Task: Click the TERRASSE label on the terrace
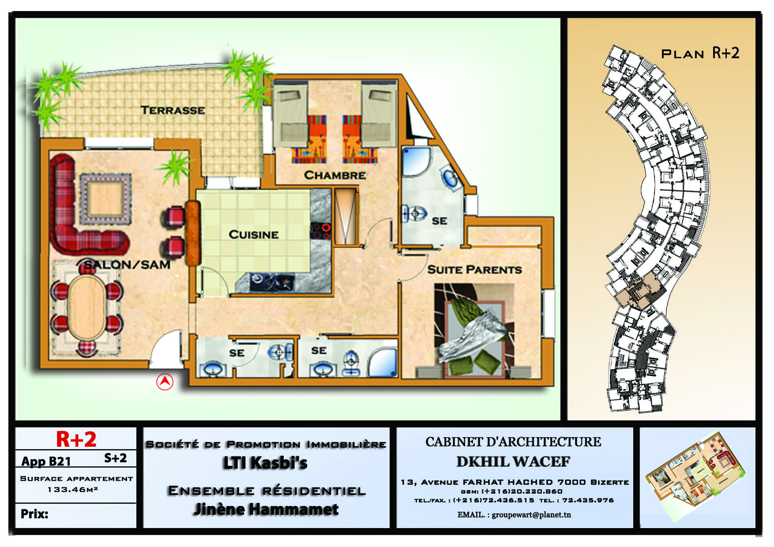click(x=173, y=110)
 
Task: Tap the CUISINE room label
click(x=253, y=234)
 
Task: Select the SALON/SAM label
click(x=127, y=265)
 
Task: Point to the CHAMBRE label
click(x=335, y=175)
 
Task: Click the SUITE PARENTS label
click(x=474, y=270)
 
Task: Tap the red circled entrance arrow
click(x=165, y=382)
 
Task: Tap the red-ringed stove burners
click(x=321, y=231)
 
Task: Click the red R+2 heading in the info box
click(x=76, y=439)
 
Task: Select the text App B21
click(x=46, y=461)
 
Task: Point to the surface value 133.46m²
click(x=73, y=490)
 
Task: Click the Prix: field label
click(x=34, y=514)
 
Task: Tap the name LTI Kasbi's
click(x=265, y=463)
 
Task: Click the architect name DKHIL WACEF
click(x=513, y=462)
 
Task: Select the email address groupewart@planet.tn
click(x=531, y=515)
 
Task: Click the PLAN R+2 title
click(x=700, y=53)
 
